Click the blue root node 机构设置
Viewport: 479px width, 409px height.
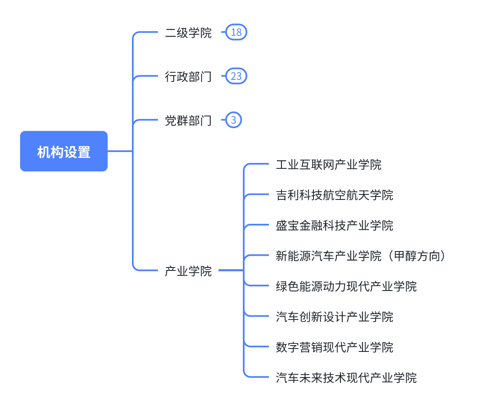tap(64, 151)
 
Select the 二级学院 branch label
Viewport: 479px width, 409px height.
tap(188, 33)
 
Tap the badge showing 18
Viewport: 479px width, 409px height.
tap(236, 33)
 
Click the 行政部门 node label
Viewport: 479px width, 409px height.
tap(188, 76)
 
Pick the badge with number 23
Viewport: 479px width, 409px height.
tap(236, 76)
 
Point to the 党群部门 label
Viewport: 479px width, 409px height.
tap(188, 121)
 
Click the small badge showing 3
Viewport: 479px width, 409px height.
tap(234, 121)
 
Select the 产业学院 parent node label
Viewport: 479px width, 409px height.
tap(188, 271)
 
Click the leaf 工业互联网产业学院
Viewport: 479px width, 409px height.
tap(329, 164)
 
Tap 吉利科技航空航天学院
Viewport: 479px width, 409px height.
tap(334, 195)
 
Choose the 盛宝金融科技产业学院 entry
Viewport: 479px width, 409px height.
tap(334, 225)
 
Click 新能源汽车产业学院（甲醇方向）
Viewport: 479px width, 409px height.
tap(361, 256)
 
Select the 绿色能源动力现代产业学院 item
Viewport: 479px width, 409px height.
tap(346, 286)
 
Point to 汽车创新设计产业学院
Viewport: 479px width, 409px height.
tap(334, 317)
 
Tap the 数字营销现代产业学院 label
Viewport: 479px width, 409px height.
tap(334, 347)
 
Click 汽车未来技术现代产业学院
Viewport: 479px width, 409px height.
tap(346, 378)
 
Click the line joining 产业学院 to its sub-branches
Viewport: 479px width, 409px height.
tap(230, 271)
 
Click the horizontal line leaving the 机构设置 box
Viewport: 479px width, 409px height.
tap(120, 151)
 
